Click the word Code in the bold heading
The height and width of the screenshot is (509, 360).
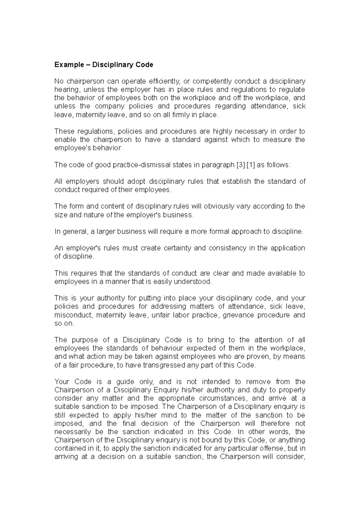coord(144,65)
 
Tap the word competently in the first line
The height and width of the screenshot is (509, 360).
coord(212,81)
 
